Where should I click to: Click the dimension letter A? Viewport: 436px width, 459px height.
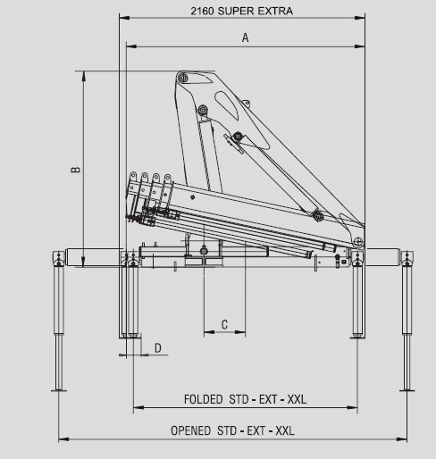click(245, 38)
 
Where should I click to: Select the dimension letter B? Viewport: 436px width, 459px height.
click(76, 169)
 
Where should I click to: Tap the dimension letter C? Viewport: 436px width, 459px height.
click(224, 324)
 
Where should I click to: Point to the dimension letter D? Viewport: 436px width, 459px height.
click(158, 347)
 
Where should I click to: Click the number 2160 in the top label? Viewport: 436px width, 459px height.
click(203, 11)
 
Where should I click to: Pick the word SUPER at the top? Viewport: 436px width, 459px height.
click(235, 11)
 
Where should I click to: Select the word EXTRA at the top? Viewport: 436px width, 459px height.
click(274, 11)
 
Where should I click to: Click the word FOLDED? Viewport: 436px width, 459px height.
click(204, 399)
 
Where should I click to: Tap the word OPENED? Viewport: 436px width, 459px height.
click(190, 430)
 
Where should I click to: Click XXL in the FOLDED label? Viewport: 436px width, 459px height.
click(297, 399)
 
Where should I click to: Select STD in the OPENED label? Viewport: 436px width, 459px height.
click(227, 430)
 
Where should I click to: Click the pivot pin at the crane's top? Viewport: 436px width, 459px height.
click(182, 79)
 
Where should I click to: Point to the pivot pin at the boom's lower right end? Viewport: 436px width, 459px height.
click(358, 241)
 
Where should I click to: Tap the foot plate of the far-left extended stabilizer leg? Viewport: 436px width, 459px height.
click(59, 390)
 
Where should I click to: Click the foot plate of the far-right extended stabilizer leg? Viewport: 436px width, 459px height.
click(407, 390)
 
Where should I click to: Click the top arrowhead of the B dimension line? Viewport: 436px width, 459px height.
click(84, 76)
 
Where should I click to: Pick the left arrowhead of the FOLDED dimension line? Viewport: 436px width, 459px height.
click(138, 407)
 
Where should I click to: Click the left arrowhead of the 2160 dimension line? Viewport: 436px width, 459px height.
click(124, 18)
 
